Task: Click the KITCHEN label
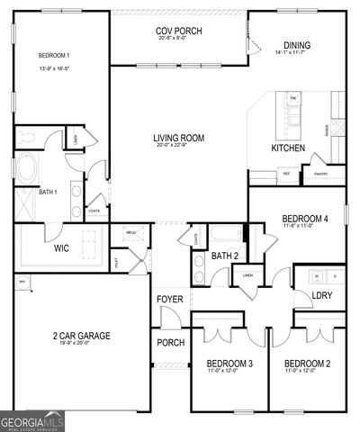(288, 148)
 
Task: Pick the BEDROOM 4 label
(304, 219)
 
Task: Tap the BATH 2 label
(224, 256)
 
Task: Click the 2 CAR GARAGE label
(81, 336)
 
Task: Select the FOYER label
(170, 299)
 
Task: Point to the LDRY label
(321, 295)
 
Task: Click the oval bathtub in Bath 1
(26, 167)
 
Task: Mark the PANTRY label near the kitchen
(320, 173)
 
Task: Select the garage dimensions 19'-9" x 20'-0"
(81, 344)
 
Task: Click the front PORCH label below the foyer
(170, 342)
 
